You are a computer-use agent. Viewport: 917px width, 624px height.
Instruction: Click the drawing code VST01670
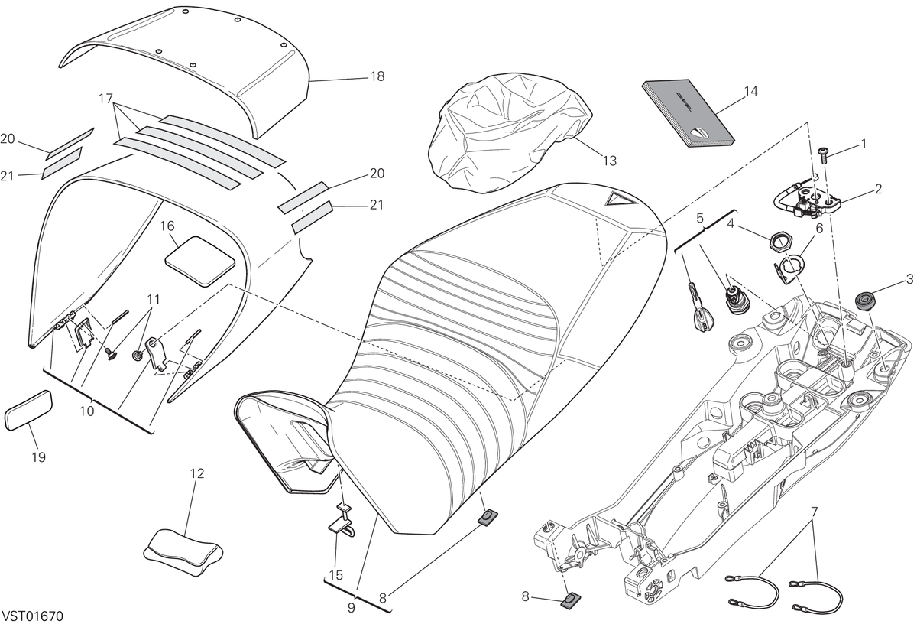tap(33, 616)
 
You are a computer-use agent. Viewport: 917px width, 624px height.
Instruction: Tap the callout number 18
tap(377, 76)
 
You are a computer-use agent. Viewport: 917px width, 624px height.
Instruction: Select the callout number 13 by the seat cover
tap(610, 161)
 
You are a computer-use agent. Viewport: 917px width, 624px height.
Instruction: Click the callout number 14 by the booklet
tap(750, 91)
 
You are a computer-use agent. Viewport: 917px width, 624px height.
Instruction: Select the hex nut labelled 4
tap(779, 241)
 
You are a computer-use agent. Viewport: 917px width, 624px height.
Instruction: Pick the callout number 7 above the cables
tap(815, 512)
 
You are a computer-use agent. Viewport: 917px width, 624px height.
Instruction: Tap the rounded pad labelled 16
tap(200, 262)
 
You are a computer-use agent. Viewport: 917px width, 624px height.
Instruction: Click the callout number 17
tap(105, 99)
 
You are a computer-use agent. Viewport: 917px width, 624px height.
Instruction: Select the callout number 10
tap(87, 411)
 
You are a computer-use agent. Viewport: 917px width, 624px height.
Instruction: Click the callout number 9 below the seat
tap(352, 609)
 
